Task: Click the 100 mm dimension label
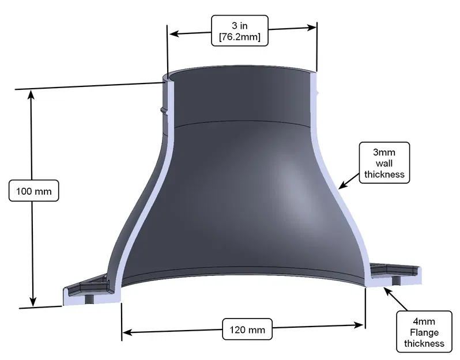34,190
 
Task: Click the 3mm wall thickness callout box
384,162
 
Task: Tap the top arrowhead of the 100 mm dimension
32,95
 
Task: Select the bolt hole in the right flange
396,281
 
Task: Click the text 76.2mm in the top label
240,38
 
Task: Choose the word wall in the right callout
384,162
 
